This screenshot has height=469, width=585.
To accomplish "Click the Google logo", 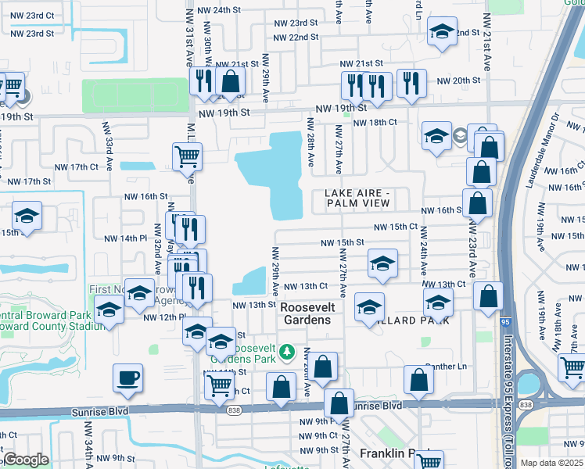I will pos(26,460).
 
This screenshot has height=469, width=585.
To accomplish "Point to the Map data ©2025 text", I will pos(552,463).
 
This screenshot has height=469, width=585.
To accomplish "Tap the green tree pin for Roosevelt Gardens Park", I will pos(287,349).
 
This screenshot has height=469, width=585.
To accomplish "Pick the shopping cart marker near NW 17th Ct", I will pos(188,157).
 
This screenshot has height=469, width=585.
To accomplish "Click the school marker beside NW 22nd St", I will pos(443,32).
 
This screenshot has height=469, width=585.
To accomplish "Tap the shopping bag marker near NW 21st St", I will pos(231,80).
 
